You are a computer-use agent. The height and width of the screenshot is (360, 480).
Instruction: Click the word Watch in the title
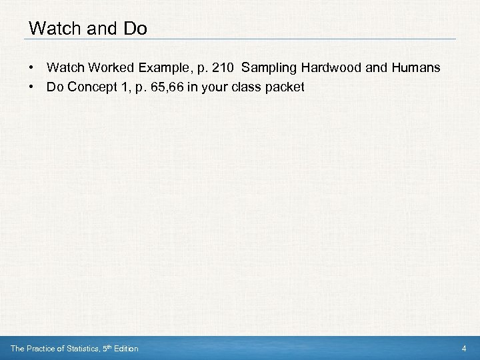[53, 29]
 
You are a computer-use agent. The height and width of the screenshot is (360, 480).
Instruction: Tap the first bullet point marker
[31, 68]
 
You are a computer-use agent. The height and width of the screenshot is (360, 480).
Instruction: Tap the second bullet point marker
[31, 87]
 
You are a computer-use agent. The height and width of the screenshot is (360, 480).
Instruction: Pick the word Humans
[415, 68]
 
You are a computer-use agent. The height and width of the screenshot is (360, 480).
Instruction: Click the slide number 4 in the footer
[464, 349]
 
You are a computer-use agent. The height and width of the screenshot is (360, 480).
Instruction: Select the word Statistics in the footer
[78, 349]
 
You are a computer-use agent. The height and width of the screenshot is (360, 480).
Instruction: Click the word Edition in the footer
[125, 349]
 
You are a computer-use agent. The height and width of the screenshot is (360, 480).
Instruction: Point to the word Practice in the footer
[39, 349]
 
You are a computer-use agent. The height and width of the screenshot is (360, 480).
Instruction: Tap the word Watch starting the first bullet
[61, 68]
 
